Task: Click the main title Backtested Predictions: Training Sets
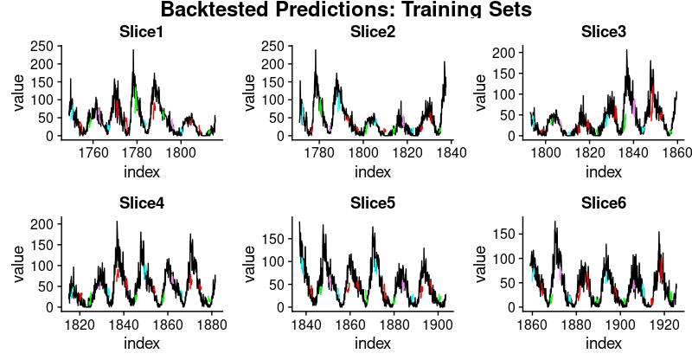click(345, 10)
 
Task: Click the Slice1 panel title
click(142, 33)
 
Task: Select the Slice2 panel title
click(373, 33)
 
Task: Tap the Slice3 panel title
click(604, 33)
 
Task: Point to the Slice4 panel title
click(142, 204)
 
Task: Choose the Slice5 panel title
click(373, 204)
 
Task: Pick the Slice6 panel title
click(604, 204)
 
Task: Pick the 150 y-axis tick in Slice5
click(278, 237)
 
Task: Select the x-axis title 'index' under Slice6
click(604, 343)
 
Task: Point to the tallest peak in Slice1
click(133, 51)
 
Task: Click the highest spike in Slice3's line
click(627, 51)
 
